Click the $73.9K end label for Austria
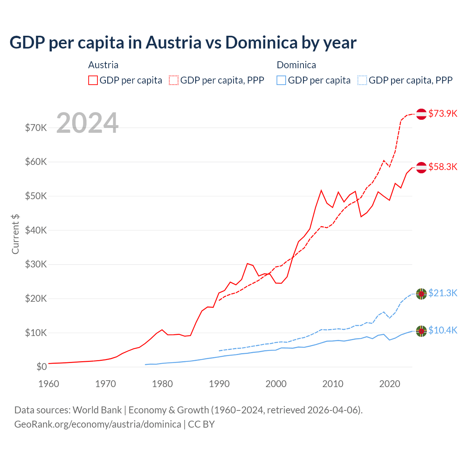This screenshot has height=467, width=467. click(443, 113)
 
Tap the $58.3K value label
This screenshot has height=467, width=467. click(443, 167)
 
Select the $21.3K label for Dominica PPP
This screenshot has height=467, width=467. click(443, 293)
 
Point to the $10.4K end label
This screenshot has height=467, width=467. click(443, 330)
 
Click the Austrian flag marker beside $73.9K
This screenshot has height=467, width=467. click(421, 114)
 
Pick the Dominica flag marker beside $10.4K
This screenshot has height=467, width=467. click(421, 331)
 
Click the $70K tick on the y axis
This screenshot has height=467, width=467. click(36, 128)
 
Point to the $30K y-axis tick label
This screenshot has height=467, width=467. click(36, 264)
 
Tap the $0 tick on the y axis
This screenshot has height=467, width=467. click(41, 367)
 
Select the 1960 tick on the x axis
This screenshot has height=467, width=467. click(49, 384)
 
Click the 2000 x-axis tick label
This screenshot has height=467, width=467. click(276, 384)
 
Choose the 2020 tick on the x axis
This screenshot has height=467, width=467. click(390, 384)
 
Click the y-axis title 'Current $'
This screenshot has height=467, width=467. click(15, 234)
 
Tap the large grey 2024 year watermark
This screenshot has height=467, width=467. click(87, 123)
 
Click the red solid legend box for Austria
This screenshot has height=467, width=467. click(93, 80)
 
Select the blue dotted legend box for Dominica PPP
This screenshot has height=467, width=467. click(362, 80)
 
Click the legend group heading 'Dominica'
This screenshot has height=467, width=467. click(296, 65)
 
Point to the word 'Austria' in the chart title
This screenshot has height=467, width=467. click(173, 42)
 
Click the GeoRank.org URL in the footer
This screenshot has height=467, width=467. click(98, 424)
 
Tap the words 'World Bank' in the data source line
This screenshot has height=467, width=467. click(97, 410)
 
